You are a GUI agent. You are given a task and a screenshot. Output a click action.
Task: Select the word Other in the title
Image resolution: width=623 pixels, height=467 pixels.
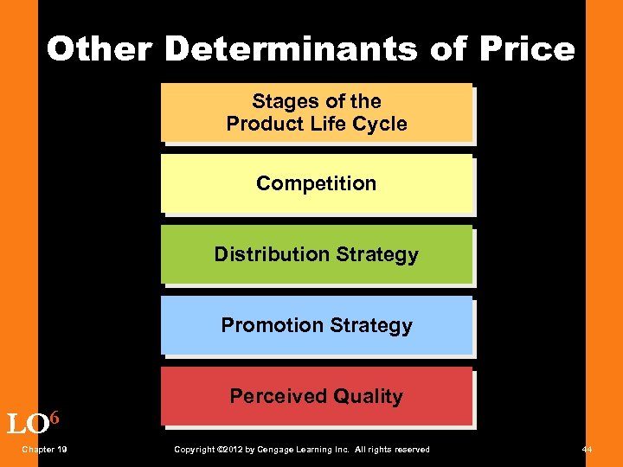point(99,49)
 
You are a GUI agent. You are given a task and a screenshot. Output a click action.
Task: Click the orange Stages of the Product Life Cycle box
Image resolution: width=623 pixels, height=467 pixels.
point(317,112)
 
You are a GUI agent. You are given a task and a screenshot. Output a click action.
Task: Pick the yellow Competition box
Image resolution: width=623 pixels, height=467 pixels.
point(317,183)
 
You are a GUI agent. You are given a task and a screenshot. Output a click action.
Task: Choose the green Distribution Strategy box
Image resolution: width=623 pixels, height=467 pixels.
point(317,254)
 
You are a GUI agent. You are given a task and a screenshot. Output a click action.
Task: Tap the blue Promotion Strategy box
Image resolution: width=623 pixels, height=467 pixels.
point(317,325)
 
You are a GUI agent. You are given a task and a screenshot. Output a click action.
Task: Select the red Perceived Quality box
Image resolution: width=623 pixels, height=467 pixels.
point(317,396)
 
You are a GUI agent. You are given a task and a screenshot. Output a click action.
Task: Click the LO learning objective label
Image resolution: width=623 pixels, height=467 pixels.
point(27,425)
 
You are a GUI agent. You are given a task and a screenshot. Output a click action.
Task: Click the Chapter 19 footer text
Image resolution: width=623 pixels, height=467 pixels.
point(45,450)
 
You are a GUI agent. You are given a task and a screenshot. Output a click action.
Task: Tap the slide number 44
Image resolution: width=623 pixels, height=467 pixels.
point(588,450)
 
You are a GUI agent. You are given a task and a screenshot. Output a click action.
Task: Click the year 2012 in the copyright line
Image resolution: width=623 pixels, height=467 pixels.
point(227,450)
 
